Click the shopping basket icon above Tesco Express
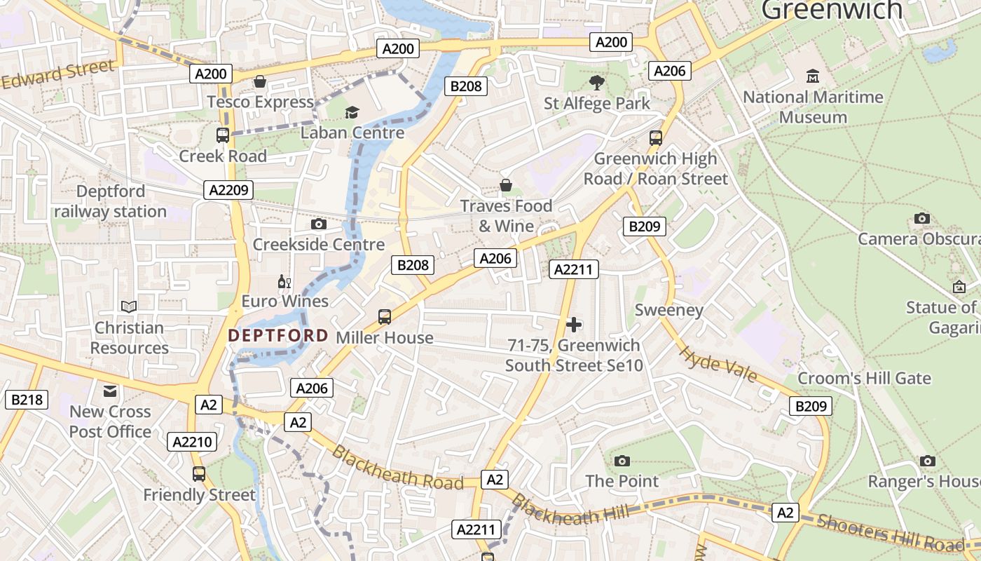click(260, 82)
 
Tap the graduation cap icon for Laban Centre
click(352, 112)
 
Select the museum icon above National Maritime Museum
click(813, 76)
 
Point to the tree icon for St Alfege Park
click(596, 83)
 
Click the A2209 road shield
click(228, 190)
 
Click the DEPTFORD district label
click(278, 336)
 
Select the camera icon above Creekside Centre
click(318, 224)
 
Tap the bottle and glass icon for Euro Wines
click(284, 282)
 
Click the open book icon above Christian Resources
click(129, 306)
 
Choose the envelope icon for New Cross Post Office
click(110, 391)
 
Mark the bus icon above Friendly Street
click(199, 474)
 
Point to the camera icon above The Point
click(622, 461)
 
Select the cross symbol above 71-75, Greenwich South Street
click(574, 324)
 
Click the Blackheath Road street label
click(397, 468)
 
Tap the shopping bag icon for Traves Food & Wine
click(505, 185)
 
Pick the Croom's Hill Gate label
click(864, 379)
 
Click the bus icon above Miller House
click(385, 316)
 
